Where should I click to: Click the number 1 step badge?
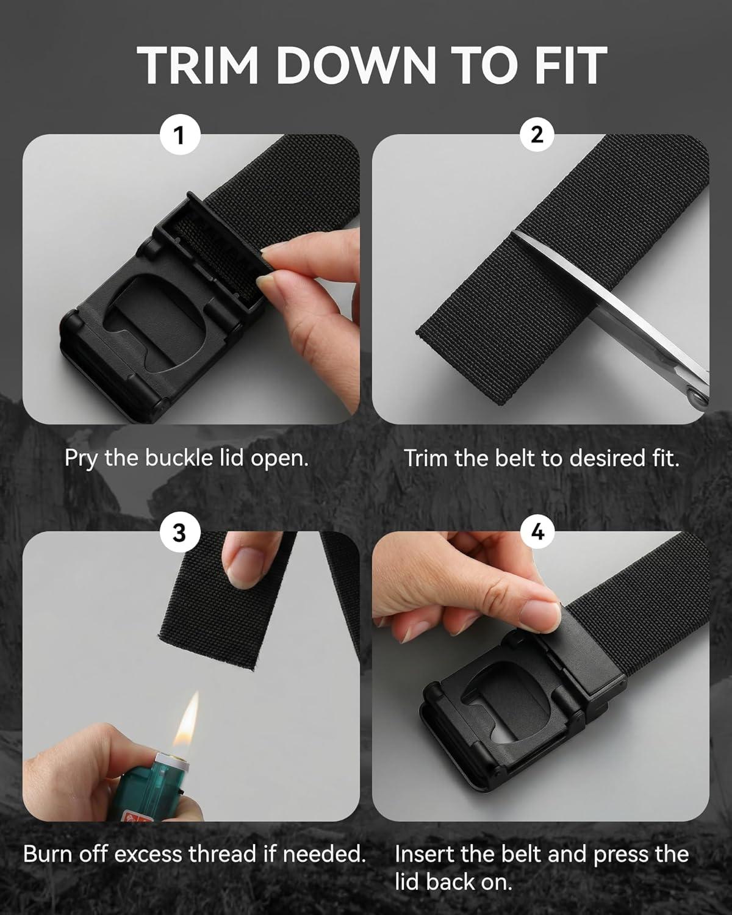[179, 137]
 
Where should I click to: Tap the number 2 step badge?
[537, 135]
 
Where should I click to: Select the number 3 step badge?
[179, 533]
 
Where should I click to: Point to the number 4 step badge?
[537, 532]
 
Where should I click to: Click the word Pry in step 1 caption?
[82, 459]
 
